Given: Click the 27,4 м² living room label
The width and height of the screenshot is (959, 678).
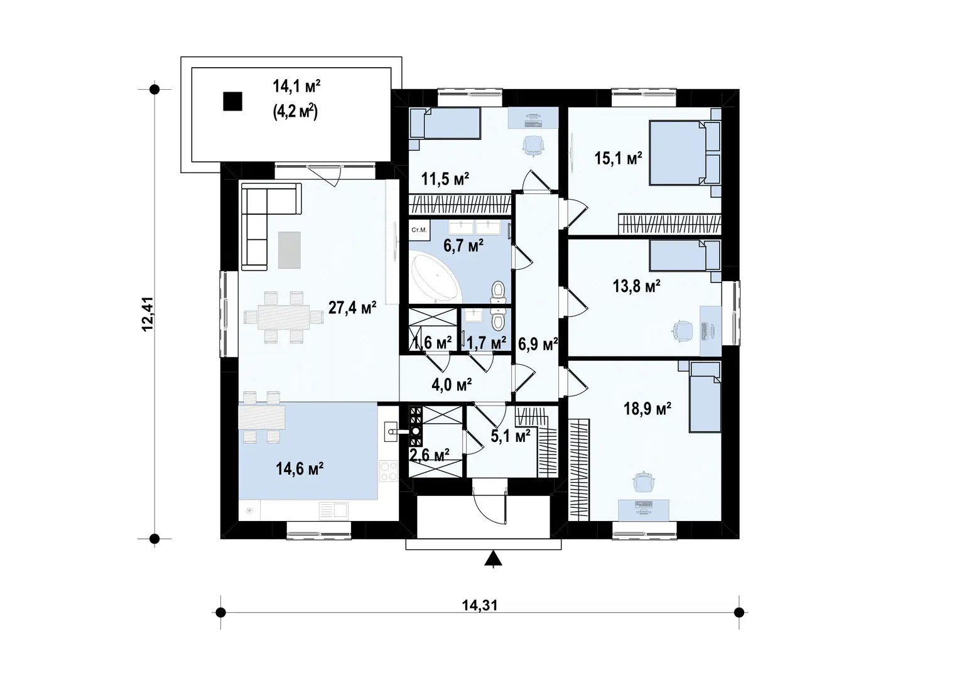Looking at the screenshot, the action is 352,308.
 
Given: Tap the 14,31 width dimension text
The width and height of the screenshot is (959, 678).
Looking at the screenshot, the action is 480,605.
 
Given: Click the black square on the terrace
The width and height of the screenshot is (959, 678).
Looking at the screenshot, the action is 232,102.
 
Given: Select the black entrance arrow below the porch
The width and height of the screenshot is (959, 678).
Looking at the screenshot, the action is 493,558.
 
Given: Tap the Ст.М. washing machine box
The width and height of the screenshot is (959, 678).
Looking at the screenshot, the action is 419,230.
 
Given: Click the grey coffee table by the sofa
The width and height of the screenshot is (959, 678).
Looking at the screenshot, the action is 290,250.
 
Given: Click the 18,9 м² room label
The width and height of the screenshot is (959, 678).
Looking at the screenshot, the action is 647,409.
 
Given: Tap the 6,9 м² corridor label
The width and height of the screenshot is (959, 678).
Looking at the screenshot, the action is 538,344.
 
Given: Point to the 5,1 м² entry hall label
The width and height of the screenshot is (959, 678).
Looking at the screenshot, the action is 511,436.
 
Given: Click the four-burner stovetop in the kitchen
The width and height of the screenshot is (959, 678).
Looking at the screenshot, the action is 388,471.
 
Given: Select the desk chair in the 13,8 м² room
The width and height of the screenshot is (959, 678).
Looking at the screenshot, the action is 683,330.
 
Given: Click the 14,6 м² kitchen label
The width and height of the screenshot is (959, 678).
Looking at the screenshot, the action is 300,469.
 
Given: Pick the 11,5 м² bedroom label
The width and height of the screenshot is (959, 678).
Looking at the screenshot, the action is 445,179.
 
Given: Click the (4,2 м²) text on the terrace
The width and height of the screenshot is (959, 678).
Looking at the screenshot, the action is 295,112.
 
